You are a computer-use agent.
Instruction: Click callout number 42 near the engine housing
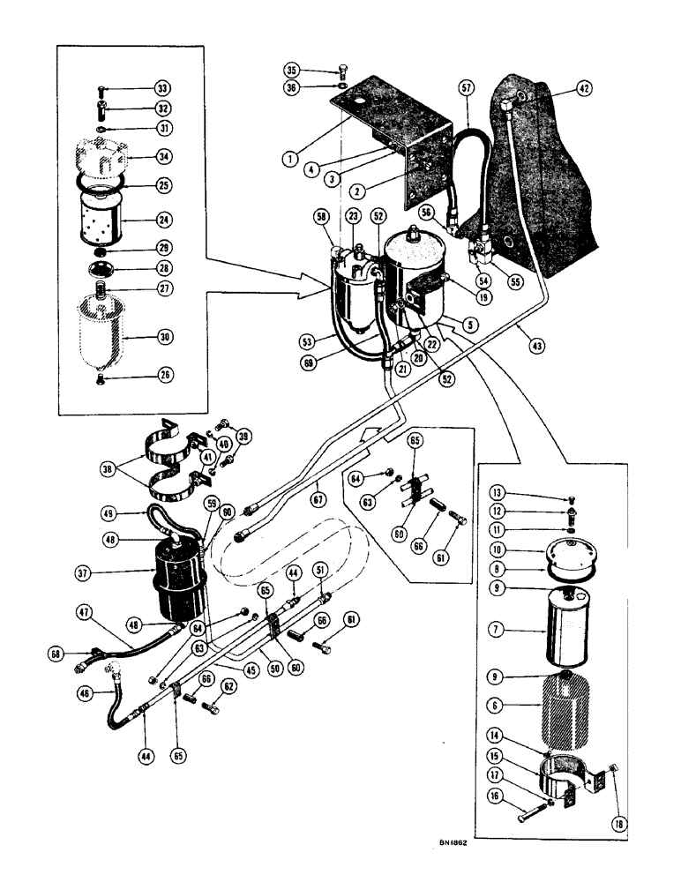[584, 87]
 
